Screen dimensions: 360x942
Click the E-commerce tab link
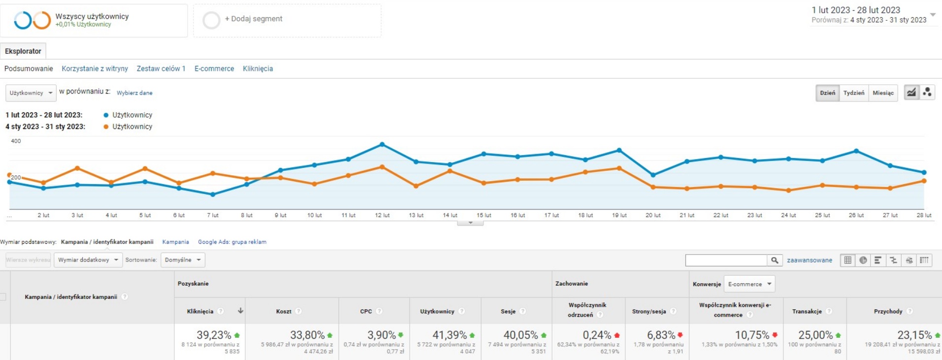[x=214, y=68]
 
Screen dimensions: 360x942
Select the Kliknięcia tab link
[x=258, y=68]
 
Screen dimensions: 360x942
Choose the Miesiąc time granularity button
[x=882, y=93]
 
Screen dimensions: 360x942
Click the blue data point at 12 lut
[x=382, y=144]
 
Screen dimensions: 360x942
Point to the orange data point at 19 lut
[x=619, y=168]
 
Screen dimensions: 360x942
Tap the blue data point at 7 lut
[x=213, y=195]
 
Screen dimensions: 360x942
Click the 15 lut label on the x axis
[x=484, y=215]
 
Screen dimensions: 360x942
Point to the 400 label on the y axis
[x=16, y=141]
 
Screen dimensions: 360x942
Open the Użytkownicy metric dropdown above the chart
[x=31, y=93]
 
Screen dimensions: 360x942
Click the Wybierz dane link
[x=134, y=93]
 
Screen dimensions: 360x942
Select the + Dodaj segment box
[x=287, y=20]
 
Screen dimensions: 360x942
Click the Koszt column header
[x=284, y=311]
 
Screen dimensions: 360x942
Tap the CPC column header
[x=366, y=311]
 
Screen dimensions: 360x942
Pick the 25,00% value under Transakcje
[x=815, y=335]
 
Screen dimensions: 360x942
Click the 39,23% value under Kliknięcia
[x=214, y=335]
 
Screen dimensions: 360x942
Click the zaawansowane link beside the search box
[x=809, y=260]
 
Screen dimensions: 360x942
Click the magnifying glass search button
[x=775, y=260]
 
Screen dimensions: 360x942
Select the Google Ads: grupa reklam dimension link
[x=232, y=242]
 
